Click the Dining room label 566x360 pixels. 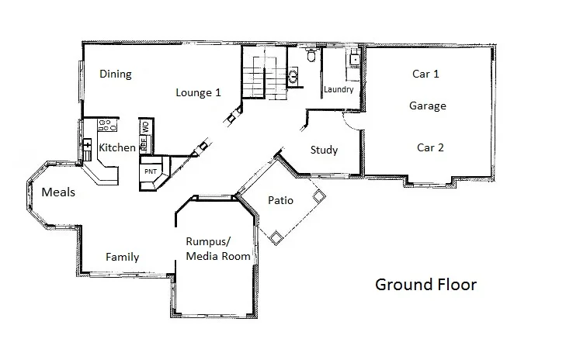[x=116, y=74]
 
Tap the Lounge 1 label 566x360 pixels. [x=198, y=92]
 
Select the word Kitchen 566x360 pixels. [x=117, y=147]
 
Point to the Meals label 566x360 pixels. [x=58, y=192]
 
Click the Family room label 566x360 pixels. [x=122, y=257]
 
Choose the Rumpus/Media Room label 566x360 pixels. [x=217, y=248]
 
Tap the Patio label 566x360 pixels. [x=280, y=199]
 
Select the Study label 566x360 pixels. [x=324, y=150]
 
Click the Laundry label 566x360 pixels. [x=339, y=90]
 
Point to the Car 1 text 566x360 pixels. [x=426, y=74]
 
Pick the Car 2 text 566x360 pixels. [x=430, y=147]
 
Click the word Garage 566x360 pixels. [x=428, y=106]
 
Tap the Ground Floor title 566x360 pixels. [x=425, y=284]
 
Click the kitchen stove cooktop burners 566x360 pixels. [x=106, y=126]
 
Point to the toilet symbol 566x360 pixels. [x=311, y=56]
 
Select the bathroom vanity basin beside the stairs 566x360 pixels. [x=293, y=75]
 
